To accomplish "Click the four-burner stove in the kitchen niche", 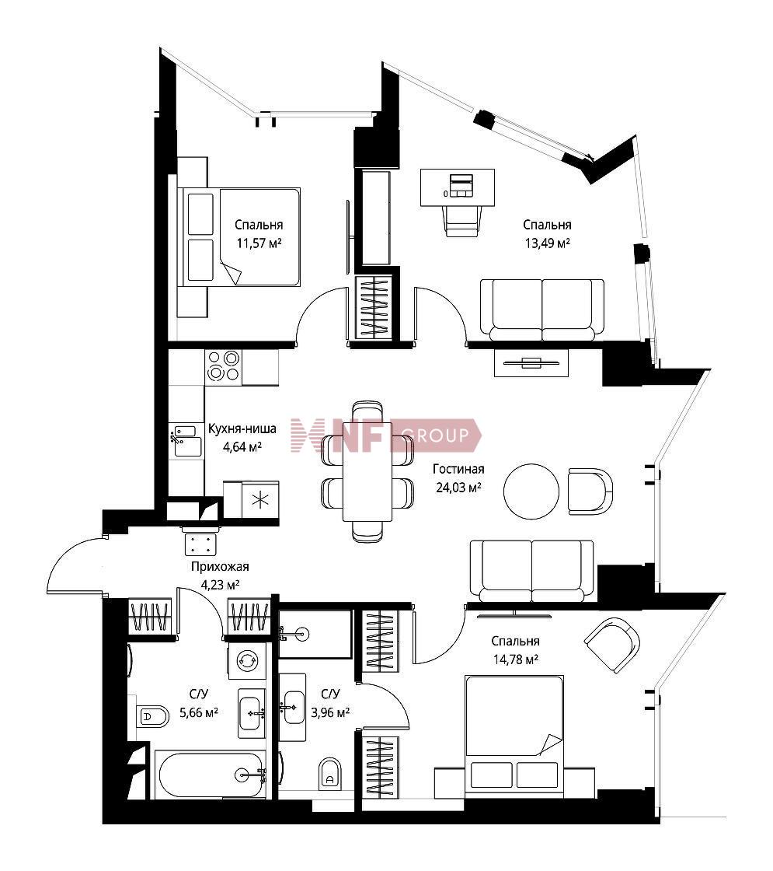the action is click(x=223, y=366).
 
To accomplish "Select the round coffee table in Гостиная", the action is click(x=531, y=491).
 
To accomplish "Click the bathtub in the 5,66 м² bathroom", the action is click(x=211, y=774).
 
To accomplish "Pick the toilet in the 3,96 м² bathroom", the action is click(x=330, y=773).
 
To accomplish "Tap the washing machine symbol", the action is click(x=245, y=661).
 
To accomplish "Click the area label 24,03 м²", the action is click(x=458, y=488).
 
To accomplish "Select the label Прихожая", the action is click(x=220, y=567).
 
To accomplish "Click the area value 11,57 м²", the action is click(x=259, y=243).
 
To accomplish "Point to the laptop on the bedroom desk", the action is click(x=461, y=184).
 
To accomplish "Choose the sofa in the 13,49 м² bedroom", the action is click(x=541, y=310).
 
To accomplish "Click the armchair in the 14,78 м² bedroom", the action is click(x=612, y=645).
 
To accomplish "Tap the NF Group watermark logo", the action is click(x=386, y=435).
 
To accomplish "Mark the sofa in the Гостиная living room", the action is click(x=531, y=571).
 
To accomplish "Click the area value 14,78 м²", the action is click(x=516, y=660).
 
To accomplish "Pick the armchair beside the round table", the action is click(x=590, y=491).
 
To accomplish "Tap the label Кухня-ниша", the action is click(x=242, y=429).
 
